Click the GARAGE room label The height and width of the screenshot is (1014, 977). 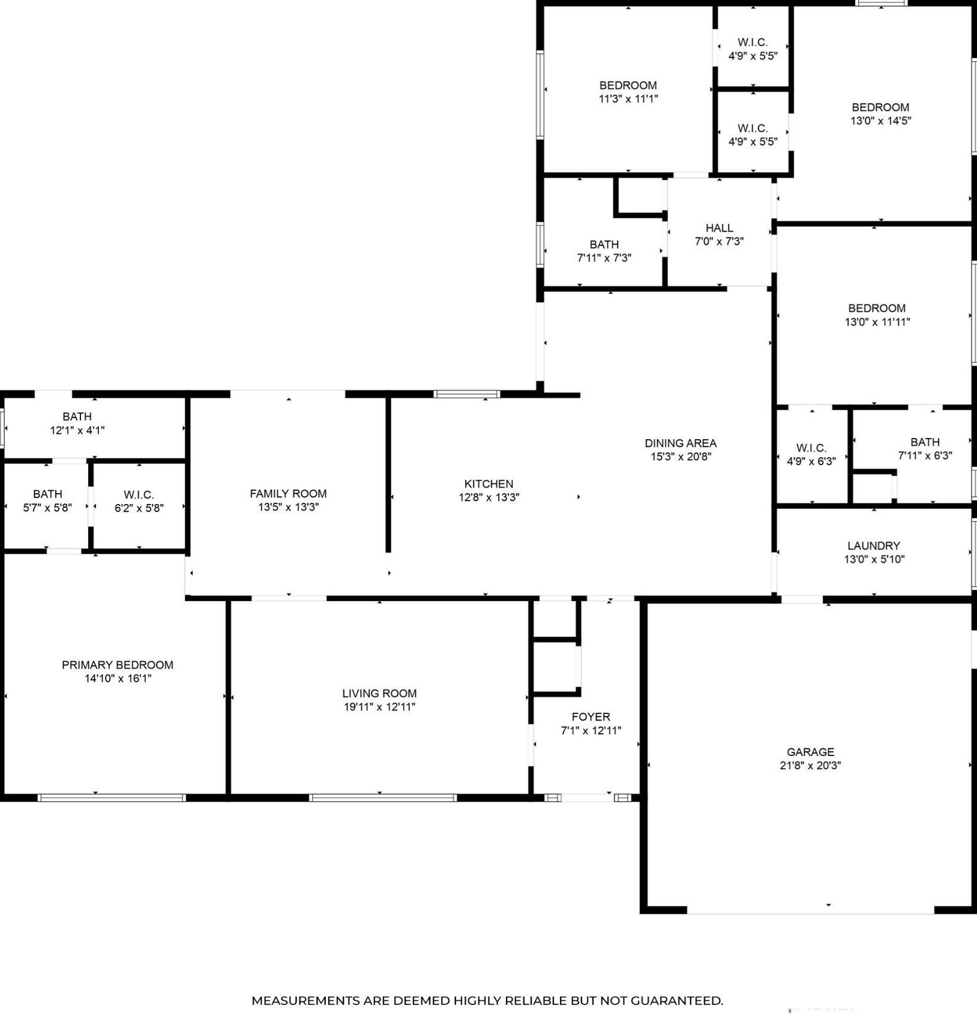tap(810, 752)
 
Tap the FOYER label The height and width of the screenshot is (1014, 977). tap(591, 716)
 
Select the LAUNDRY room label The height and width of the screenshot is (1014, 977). tap(873, 545)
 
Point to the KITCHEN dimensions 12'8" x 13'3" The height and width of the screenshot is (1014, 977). tap(489, 497)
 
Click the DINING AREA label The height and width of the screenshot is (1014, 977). tap(680, 443)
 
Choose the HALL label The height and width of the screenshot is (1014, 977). tap(719, 228)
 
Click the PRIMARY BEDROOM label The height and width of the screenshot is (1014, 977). tap(118, 665)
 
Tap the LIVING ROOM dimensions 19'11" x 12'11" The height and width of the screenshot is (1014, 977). tap(379, 707)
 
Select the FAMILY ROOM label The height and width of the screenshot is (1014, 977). tap(288, 493)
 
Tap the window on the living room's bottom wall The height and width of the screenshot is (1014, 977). tap(383, 797)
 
